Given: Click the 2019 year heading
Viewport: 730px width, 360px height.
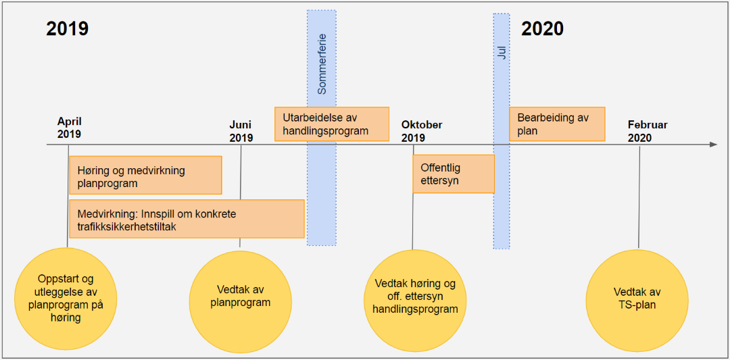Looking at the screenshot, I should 68,28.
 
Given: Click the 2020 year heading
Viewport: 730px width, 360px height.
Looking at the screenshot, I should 542,28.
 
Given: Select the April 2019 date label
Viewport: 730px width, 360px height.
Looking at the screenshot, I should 69,128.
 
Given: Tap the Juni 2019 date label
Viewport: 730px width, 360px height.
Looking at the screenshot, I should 241,131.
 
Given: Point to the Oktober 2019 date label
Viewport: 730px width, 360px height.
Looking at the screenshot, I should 422,131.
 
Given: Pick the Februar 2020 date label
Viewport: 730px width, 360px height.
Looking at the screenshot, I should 647,131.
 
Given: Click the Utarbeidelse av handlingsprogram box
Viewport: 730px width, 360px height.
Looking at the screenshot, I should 331,124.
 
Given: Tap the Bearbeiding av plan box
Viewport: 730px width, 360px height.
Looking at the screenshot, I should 556,124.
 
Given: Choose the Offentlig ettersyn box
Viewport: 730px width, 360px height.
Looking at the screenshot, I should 453,174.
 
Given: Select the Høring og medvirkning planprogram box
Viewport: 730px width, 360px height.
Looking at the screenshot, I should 145,176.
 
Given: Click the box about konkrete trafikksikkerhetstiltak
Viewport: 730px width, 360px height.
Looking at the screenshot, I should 187,219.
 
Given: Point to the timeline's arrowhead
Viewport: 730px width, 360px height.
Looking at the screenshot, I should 713,145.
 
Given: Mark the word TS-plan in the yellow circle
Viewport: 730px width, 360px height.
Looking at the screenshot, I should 637,305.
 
